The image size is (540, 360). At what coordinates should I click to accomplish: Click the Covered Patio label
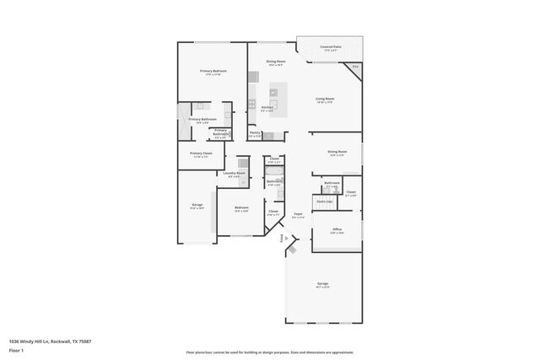331,48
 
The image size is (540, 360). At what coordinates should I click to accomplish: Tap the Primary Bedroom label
213,72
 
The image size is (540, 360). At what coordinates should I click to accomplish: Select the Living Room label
326,99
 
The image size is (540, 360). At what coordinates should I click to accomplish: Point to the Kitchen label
267,108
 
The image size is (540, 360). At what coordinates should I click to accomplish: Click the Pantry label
255,133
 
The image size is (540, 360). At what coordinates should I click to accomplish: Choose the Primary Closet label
201,153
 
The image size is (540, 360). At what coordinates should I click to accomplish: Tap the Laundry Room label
235,174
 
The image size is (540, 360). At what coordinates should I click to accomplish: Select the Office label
337,229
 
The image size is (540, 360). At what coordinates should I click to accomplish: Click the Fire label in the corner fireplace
355,66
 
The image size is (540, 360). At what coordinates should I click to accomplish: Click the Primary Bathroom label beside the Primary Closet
220,132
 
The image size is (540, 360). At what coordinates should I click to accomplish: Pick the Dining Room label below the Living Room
337,153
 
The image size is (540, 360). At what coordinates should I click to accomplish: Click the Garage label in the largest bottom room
322,284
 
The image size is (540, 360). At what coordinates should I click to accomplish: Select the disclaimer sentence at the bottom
270,352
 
